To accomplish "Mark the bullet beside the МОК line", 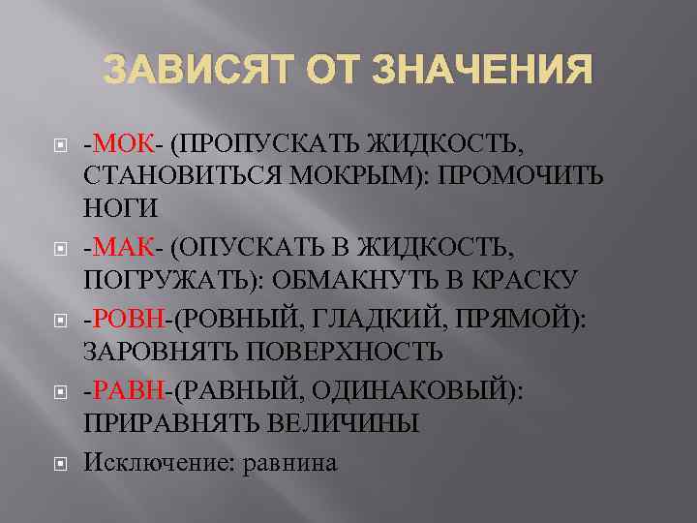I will coord(59,147).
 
